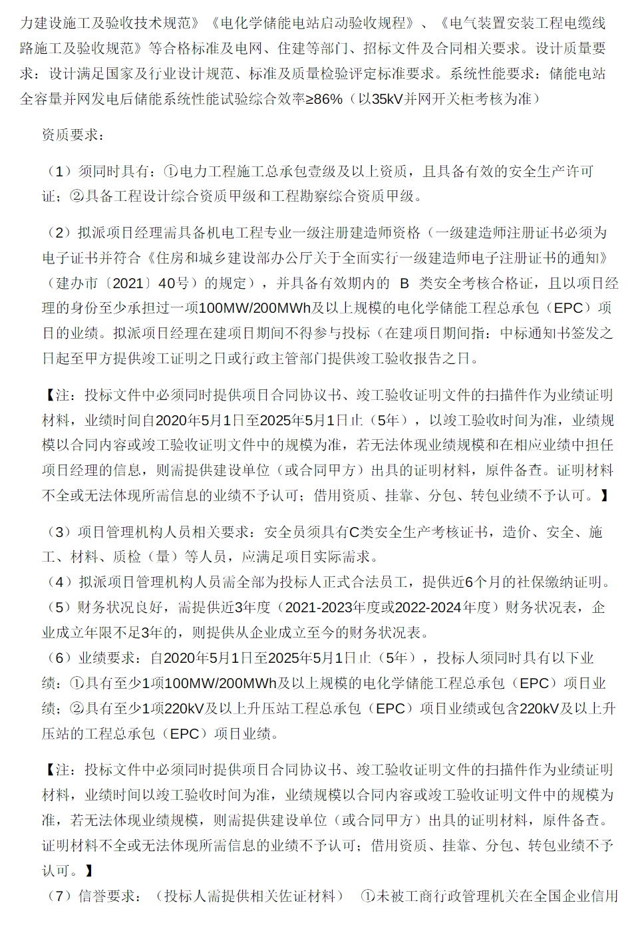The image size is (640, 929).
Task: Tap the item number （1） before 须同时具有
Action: (59, 171)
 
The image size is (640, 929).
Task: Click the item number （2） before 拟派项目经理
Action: (59, 232)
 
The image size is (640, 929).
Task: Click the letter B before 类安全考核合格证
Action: (404, 283)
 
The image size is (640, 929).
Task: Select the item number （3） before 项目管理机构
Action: (59, 532)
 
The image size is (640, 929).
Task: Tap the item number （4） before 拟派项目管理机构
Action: (59, 582)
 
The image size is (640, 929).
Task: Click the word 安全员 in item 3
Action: (285, 532)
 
